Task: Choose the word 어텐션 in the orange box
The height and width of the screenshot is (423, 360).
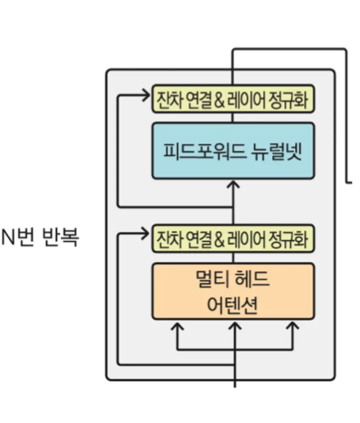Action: point(232,305)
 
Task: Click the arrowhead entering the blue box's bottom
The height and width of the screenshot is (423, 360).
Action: point(233,184)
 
